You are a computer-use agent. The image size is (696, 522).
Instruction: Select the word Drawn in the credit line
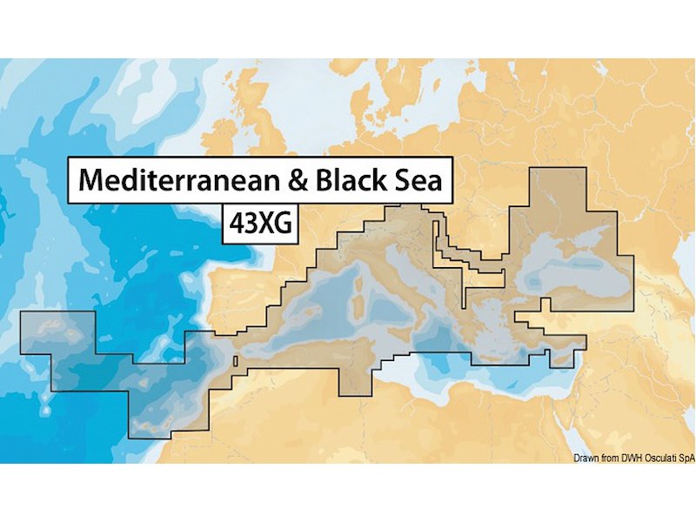tap(587, 458)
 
